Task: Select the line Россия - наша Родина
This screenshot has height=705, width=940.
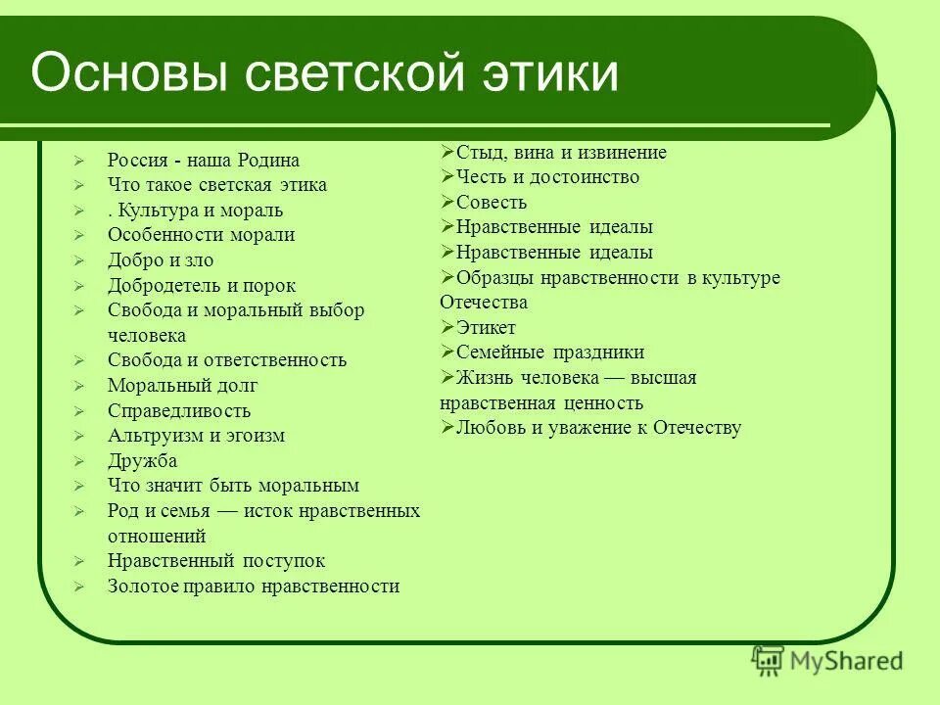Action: coord(204,161)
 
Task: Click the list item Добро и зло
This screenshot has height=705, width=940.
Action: coord(161,260)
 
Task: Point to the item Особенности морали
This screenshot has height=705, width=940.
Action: coord(201,235)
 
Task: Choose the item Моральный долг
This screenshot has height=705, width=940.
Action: coord(183,386)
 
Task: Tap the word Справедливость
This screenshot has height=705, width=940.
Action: coord(179,411)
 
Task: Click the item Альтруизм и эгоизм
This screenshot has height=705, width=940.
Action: coord(196,436)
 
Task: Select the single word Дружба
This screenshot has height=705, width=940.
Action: coord(143,461)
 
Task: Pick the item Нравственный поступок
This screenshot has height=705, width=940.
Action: coord(216,561)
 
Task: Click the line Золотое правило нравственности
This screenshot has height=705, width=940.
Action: coord(254,587)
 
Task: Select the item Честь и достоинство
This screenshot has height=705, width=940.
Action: coord(547,177)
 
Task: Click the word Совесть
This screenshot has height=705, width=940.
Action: coord(492,203)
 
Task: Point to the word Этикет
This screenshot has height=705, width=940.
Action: coord(486,328)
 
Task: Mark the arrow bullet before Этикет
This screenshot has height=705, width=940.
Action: coord(447,327)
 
